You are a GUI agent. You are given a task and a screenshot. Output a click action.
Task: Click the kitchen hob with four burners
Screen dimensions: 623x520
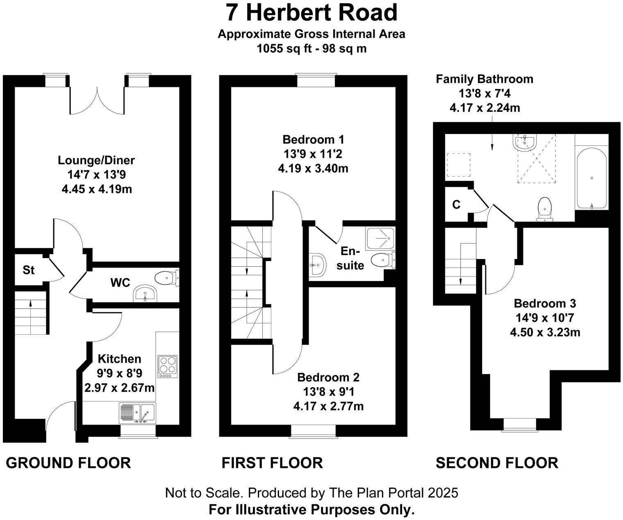pos(168,366)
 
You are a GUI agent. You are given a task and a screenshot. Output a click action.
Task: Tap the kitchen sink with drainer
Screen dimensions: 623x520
pos(138,413)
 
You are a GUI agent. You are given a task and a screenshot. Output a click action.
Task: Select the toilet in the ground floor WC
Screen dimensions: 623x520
pos(167,278)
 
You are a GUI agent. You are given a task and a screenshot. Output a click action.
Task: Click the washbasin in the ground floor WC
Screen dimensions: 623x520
pos(145,293)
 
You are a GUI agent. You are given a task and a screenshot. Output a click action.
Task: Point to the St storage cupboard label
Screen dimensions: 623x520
pos(28,270)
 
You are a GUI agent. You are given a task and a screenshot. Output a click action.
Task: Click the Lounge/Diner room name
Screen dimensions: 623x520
pos(96,160)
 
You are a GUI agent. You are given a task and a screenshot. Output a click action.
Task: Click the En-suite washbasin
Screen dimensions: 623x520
pos(317,265)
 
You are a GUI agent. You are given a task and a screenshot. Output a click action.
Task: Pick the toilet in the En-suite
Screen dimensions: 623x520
pos(383,260)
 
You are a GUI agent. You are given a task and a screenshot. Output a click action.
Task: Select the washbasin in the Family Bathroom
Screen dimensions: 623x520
pos(524,142)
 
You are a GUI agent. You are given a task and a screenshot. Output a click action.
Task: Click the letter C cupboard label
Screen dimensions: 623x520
pos(456,204)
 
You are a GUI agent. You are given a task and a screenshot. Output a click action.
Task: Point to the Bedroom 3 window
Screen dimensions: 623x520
pos(519,425)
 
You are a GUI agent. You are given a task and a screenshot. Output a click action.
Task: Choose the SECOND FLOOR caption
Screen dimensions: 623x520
pos(497,463)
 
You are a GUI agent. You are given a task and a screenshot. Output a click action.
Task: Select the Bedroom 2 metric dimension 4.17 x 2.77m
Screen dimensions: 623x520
pos(328,406)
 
